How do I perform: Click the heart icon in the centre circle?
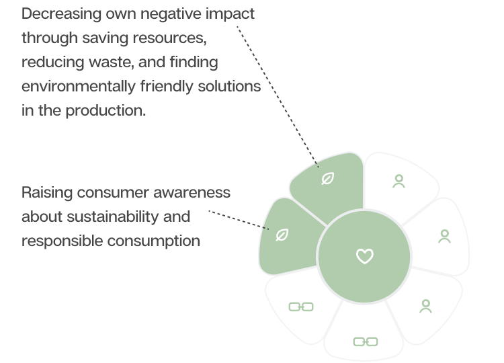pos(364,256)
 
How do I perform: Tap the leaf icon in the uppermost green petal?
pos(327,179)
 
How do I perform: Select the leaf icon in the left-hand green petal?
pos(282,235)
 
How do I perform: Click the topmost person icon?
pos(398,182)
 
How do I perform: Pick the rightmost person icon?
pos(444,236)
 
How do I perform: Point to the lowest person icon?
pos(425,307)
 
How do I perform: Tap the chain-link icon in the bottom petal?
pos(365,341)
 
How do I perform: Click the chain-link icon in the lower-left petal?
pos(300,307)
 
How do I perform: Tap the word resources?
pos(170,38)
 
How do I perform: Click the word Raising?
pos(44,192)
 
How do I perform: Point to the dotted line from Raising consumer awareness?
pos(235,218)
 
